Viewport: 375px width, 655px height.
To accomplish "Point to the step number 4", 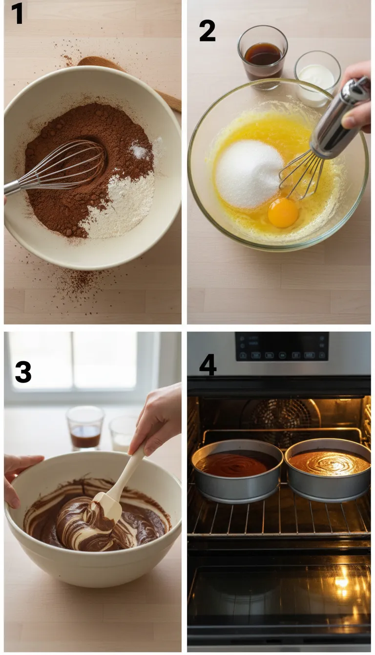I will point(208,366).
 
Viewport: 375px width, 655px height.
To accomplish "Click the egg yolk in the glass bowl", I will point(283,213).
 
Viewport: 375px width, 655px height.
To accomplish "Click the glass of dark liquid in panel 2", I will point(263,57).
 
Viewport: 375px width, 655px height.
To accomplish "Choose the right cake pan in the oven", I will point(328,469).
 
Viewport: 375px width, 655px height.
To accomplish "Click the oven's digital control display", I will point(282,347).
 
